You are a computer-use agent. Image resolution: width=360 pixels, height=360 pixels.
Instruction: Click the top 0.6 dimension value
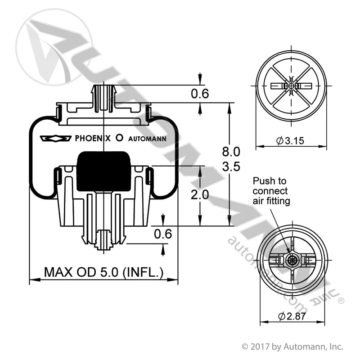pos(200,94)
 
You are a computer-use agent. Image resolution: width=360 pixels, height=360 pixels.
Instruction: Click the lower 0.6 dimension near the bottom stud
pos(163,234)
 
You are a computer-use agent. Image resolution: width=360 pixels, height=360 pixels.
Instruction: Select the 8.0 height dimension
pos(231,151)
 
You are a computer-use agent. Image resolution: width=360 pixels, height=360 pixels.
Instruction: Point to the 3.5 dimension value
pos(231,166)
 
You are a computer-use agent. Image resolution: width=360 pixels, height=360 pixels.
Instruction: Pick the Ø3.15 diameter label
pos(290,140)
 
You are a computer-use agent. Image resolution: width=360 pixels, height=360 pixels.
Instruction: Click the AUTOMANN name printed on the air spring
pos(148,139)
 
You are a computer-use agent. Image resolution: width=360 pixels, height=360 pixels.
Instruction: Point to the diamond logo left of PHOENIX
pos(55,139)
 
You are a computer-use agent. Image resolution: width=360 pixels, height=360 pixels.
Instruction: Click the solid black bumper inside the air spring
pos(104,171)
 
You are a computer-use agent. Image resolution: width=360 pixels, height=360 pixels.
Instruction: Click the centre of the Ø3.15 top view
pos(292,85)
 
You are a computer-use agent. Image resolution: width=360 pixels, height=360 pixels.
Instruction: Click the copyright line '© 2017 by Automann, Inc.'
pos(292,347)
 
